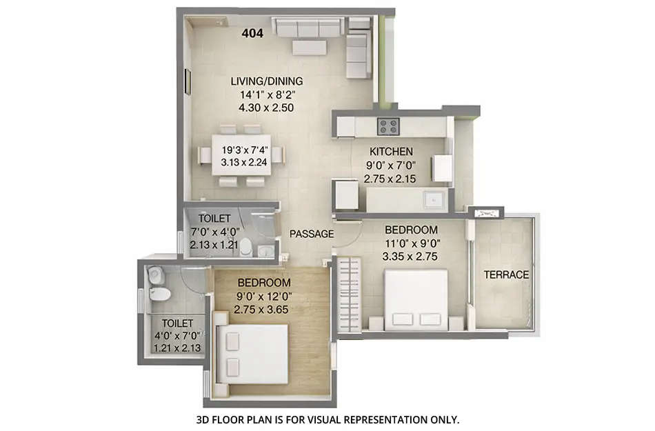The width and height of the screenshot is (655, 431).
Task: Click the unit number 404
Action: (253, 32)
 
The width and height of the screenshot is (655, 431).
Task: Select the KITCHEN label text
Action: (391, 151)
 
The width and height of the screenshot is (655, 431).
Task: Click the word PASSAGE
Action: (311, 234)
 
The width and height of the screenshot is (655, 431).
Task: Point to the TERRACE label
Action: (506, 274)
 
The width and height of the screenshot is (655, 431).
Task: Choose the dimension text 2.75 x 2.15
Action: (391, 178)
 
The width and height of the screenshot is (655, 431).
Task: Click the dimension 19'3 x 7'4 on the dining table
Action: (243, 150)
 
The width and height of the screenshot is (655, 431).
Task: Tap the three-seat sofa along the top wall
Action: (308, 28)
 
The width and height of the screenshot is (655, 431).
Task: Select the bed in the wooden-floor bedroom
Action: (252, 354)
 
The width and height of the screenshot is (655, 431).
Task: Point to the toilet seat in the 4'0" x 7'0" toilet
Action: (159, 294)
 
